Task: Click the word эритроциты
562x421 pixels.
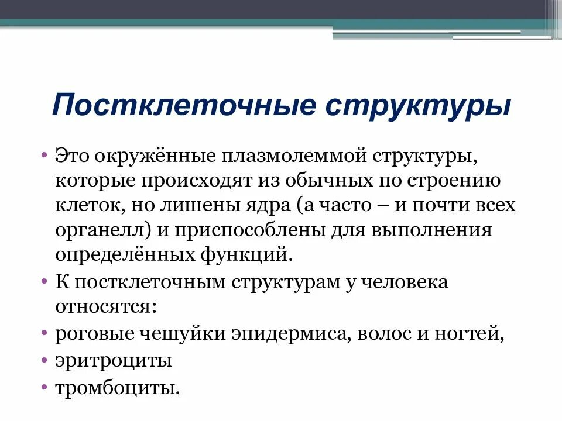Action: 114,360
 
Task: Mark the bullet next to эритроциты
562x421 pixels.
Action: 44,360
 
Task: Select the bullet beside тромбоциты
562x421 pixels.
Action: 44,387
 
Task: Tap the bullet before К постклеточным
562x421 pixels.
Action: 44,282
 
